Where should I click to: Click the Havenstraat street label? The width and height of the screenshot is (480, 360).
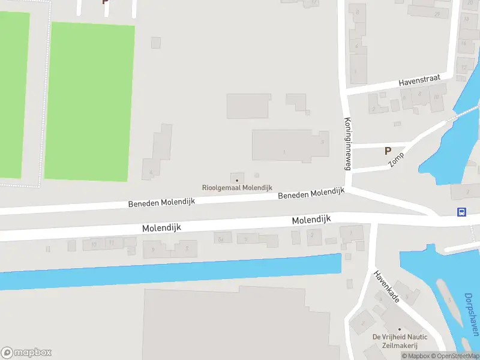(x=420, y=80)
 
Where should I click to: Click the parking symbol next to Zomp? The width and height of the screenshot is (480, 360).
(x=388, y=151)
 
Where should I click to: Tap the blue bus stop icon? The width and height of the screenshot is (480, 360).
(x=461, y=212)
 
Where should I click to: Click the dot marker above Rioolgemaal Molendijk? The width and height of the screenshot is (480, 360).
(x=237, y=179)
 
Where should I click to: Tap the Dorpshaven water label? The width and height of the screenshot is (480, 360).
(x=471, y=314)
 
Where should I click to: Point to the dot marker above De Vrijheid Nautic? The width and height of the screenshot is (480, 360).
(x=400, y=329)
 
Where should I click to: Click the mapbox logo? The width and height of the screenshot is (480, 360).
(x=26, y=353)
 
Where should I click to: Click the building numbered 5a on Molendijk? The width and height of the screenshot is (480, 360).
(x=222, y=238)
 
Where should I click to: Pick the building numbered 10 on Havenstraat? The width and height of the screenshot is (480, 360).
(x=436, y=97)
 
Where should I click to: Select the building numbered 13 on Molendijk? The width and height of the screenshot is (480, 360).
(x=93, y=244)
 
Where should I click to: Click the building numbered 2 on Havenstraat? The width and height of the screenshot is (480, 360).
(x=374, y=108)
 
